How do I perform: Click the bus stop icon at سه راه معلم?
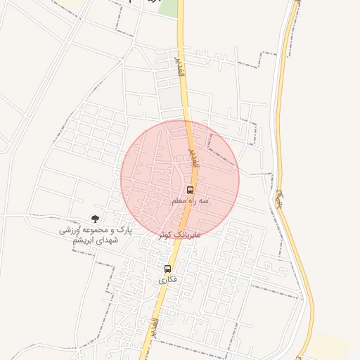190,190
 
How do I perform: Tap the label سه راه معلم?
189,201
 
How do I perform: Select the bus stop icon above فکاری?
167,269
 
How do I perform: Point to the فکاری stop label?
167,280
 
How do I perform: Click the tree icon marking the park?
95,219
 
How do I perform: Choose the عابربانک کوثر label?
179,234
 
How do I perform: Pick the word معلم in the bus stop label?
180,201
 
